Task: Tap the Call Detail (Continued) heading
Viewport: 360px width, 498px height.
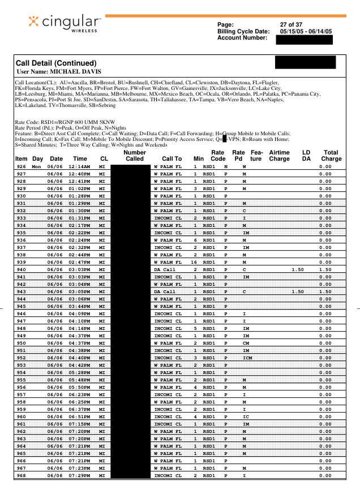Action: (x=56, y=63)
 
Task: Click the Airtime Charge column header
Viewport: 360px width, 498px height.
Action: (x=279, y=156)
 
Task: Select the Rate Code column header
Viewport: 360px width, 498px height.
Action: (x=218, y=156)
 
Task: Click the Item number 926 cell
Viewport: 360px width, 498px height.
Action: (x=22, y=166)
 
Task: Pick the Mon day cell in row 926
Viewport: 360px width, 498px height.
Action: (x=37, y=166)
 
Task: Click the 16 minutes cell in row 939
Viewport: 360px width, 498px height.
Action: (x=194, y=262)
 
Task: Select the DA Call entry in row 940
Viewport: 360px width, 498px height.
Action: (x=165, y=269)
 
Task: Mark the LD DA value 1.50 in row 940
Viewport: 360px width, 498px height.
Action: (x=298, y=269)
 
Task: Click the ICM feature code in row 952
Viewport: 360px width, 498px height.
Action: (x=247, y=358)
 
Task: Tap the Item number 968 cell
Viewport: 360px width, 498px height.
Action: (x=22, y=475)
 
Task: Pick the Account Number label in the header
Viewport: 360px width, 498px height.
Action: (x=242, y=37)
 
